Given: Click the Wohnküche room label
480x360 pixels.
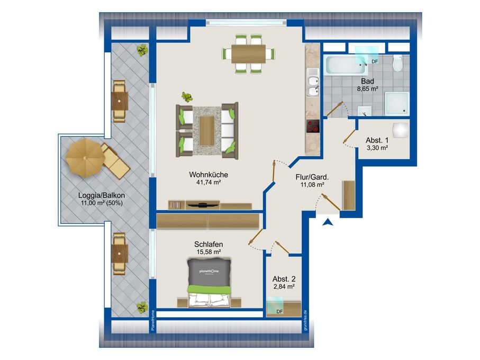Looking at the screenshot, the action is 209,175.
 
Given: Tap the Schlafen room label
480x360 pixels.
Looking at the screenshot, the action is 209,244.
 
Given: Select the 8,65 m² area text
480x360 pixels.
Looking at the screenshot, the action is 367,89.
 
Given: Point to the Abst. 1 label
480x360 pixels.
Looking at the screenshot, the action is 377,140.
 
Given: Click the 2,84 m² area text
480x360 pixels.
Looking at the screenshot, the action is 284,286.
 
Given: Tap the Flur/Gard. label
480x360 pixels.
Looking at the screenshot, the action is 312,177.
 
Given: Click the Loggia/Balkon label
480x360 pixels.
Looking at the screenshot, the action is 102,195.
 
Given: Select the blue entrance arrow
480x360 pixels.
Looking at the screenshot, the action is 328,222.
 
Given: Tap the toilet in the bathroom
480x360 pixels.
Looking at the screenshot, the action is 397,64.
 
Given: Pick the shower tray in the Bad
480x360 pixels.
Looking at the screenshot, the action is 397,104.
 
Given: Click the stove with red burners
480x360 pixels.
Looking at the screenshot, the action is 313,126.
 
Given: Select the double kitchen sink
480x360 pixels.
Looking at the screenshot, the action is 313,87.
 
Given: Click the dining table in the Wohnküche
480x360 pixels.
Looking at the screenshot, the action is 248,54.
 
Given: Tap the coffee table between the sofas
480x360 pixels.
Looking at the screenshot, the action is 207,131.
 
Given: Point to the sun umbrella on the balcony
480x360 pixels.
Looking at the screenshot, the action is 85,157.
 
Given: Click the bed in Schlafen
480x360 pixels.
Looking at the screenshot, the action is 209,283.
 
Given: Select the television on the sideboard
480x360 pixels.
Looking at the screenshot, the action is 202,205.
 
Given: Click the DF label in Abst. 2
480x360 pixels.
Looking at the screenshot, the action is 279,312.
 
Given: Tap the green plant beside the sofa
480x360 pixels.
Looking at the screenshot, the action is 187,97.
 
